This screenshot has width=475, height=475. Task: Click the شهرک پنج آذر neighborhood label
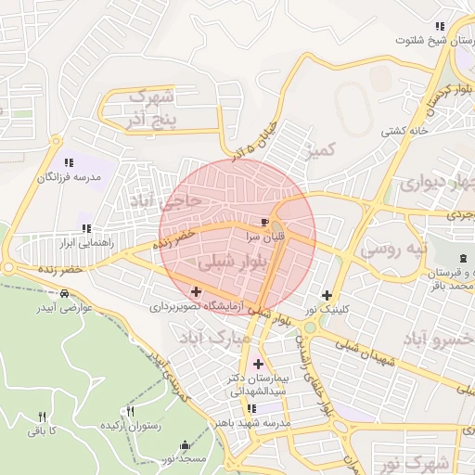[x=149, y=107]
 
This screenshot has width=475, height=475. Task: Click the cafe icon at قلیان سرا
[x=267, y=223]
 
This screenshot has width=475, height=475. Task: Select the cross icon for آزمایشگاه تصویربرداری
[x=196, y=291]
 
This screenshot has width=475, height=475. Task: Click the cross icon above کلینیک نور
[x=327, y=295]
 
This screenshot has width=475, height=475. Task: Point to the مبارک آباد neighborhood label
[x=220, y=340]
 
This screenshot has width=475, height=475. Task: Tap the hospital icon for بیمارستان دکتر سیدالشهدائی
[x=257, y=364]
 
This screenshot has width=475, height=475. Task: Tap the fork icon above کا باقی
[x=41, y=417]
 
